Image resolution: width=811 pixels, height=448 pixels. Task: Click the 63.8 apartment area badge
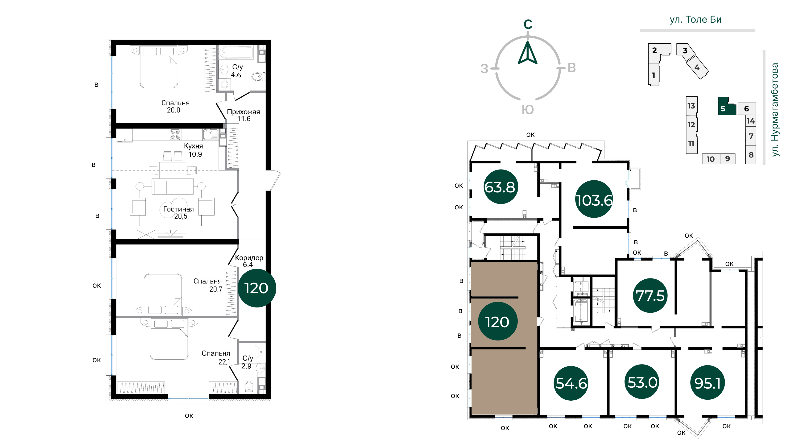501,187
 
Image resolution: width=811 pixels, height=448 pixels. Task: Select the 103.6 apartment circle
594,199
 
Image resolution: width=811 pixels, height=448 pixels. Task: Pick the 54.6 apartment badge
571,383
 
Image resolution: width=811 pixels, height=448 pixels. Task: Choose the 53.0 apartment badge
642,382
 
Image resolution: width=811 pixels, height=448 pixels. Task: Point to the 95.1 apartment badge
708,383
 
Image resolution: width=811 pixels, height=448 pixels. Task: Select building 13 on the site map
692,106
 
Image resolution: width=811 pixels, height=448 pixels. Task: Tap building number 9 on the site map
727,159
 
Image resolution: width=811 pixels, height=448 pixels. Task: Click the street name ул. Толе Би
695,20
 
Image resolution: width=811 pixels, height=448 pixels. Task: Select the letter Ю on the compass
528,110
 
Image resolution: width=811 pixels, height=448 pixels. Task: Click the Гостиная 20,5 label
178,212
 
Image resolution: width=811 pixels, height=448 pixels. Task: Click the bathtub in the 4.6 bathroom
236,53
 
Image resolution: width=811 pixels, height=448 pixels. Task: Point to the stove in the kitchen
175,134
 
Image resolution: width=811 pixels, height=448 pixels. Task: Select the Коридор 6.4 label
249,261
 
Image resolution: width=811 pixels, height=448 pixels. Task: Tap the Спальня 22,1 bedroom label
216,357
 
